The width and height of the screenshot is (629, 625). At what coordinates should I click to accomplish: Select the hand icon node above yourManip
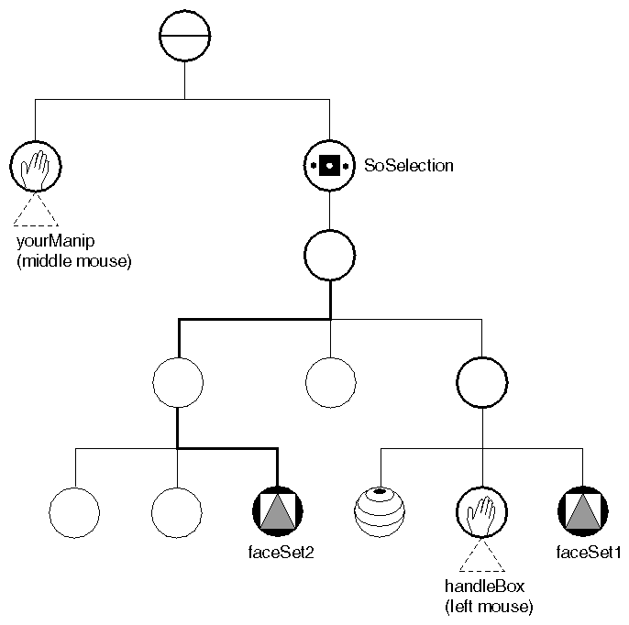click(x=36, y=166)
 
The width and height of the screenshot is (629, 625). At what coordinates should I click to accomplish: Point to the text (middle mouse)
click(x=74, y=262)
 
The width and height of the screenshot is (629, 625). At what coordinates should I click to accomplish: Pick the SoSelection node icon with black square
click(x=329, y=166)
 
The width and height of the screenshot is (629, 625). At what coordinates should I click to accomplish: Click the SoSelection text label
click(x=408, y=166)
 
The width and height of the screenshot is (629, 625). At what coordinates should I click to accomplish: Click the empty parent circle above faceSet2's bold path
click(x=178, y=381)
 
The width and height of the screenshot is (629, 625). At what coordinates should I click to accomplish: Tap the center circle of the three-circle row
click(x=329, y=381)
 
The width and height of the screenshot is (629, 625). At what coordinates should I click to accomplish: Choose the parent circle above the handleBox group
click(x=480, y=381)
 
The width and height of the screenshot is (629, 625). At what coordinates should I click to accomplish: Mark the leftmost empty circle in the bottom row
click(x=74, y=509)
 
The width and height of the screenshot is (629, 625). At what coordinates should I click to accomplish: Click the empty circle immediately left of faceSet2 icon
click(x=176, y=509)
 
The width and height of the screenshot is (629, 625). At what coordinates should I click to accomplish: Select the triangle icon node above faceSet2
click(x=276, y=509)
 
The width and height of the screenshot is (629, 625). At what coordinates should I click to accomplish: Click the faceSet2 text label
click(x=276, y=553)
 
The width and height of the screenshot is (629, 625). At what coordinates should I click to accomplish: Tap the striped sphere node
click(x=379, y=509)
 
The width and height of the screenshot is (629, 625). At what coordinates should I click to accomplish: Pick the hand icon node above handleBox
click(x=480, y=509)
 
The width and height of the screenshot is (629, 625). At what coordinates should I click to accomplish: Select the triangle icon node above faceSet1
click(x=582, y=509)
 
